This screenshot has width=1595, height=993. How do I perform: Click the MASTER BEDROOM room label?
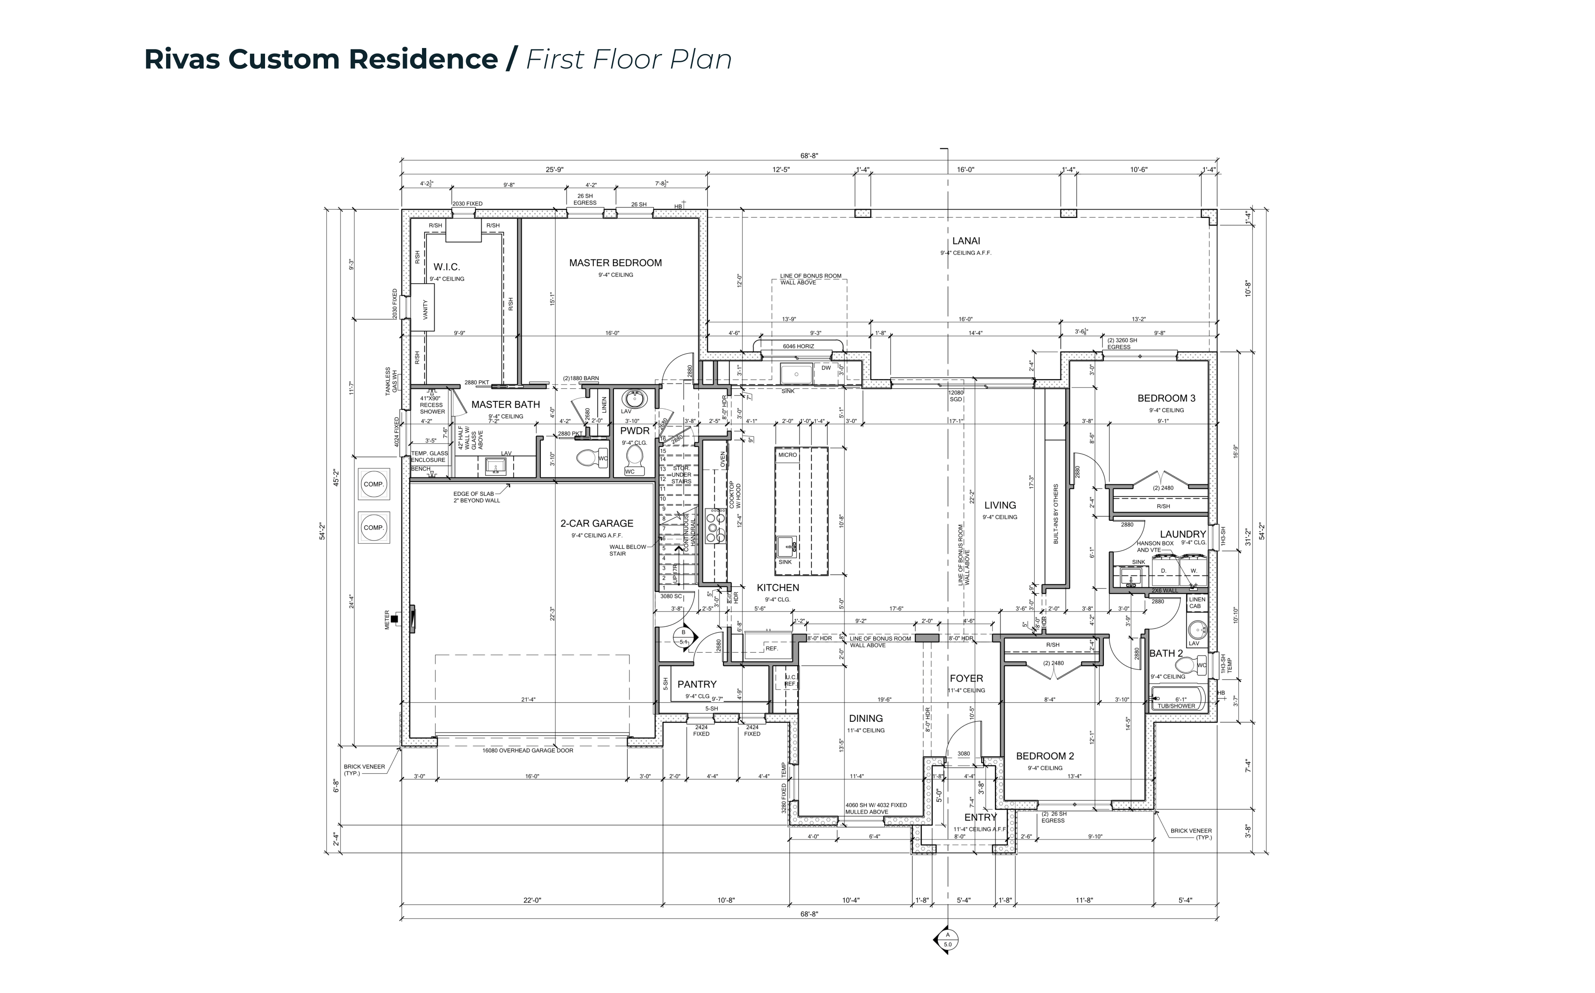pyautogui.click(x=615, y=263)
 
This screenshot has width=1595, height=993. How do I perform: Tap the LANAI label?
pyautogui.click(x=965, y=241)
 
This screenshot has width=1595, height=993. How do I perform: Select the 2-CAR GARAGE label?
pyautogui.click(x=597, y=523)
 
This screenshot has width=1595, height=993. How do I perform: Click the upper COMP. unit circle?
pyautogui.click(x=374, y=484)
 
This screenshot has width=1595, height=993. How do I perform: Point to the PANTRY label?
pyautogui.click(x=697, y=684)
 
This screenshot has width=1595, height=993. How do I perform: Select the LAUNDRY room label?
pyautogui.click(x=1182, y=534)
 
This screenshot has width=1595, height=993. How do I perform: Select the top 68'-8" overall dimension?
pyautogui.click(x=809, y=156)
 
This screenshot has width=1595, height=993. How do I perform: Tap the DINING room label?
pyautogui.click(x=866, y=718)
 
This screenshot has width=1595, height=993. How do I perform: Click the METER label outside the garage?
pyautogui.click(x=387, y=620)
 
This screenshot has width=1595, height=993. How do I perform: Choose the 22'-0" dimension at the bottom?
pyautogui.click(x=532, y=900)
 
